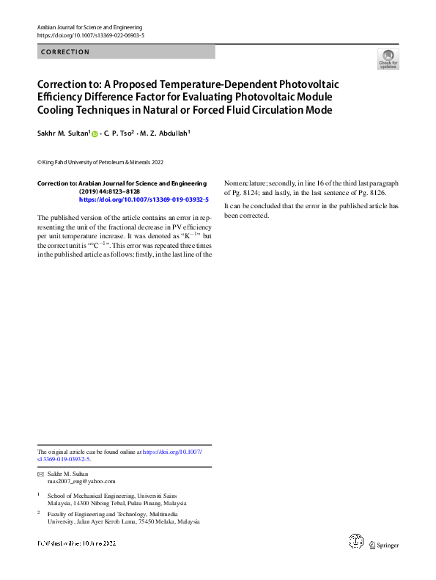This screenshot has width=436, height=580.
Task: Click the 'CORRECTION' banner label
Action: coord(65,52)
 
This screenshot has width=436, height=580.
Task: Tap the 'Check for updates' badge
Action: coord(388,59)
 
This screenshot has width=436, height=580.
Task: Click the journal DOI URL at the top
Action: coord(90,35)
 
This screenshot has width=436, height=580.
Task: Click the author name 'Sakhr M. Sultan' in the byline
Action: coord(62,133)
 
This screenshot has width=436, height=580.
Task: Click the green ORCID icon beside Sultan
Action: coord(95,133)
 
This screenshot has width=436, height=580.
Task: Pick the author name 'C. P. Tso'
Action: coord(117,133)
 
